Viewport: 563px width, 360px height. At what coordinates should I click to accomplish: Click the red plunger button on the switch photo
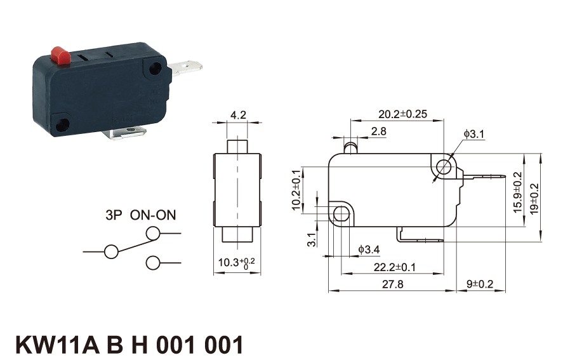(61, 56)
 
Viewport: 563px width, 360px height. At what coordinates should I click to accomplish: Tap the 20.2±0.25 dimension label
(402, 114)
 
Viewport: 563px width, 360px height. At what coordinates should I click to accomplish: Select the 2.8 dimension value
(378, 131)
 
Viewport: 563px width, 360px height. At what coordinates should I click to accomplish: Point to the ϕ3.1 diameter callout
(474, 134)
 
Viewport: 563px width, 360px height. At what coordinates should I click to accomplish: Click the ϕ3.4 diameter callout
(369, 249)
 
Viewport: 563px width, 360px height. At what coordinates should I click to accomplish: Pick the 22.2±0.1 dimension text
(394, 267)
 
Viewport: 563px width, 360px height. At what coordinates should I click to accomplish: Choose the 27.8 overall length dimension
(392, 284)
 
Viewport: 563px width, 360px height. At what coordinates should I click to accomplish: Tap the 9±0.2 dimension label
(480, 284)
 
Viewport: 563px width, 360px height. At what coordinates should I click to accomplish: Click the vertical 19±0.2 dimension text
(534, 199)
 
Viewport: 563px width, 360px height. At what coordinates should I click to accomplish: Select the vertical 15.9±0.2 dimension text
(517, 192)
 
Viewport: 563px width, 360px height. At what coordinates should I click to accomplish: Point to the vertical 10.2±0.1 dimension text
(296, 189)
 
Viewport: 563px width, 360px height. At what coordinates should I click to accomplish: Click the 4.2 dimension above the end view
(238, 115)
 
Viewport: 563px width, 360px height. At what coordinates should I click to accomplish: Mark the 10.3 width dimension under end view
(236, 263)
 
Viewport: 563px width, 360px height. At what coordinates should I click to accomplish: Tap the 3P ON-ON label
(141, 215)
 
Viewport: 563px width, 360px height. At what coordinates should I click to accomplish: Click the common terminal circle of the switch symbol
(111, 251)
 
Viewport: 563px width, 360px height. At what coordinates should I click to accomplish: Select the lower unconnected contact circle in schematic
(153, 263)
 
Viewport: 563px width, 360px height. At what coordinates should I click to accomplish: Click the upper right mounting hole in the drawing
(445, 166)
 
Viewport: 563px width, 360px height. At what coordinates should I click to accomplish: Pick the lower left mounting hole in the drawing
(340, 214)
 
